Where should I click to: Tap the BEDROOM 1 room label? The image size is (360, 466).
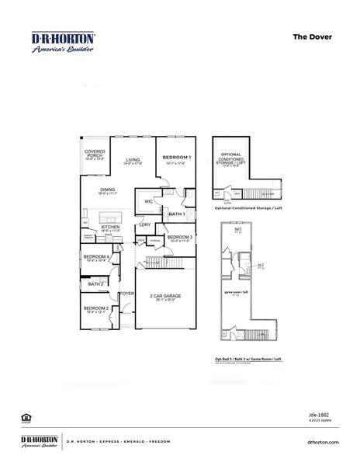click(177, 158)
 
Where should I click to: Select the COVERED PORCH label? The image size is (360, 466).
click(95, 154)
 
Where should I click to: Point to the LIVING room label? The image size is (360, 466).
click(134, 158)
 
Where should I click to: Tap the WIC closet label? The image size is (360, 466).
click(147, 201)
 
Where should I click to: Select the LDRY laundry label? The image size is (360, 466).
click(144, 225)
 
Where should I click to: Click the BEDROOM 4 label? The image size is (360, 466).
click(96, 256)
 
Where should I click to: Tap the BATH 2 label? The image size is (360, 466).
click(95, 284)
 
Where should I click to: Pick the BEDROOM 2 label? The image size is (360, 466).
click(96, 308)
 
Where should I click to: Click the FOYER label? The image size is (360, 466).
click(127, 294)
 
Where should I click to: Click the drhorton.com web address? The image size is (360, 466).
click(324, 441)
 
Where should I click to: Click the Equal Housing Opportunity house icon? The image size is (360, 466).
click(26, 417)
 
